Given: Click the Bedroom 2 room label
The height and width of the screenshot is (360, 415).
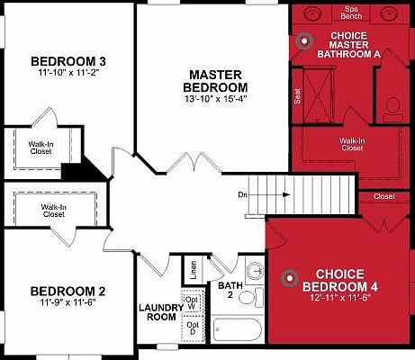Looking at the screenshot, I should pos(68,292).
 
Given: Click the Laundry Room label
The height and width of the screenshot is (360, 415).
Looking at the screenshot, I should pos(161,312).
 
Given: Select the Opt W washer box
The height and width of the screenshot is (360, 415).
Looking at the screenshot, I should pos(193,302).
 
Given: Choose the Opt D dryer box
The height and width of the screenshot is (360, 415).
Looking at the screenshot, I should pos(193,328).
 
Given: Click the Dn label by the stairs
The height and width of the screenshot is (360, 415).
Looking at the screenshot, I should pos(243,193).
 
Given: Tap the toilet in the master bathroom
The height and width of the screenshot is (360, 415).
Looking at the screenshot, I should pos(392,106).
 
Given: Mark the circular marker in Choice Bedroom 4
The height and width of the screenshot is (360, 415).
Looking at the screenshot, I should pos(289,277).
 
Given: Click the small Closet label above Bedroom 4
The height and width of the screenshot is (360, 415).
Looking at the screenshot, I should pos(384,195).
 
